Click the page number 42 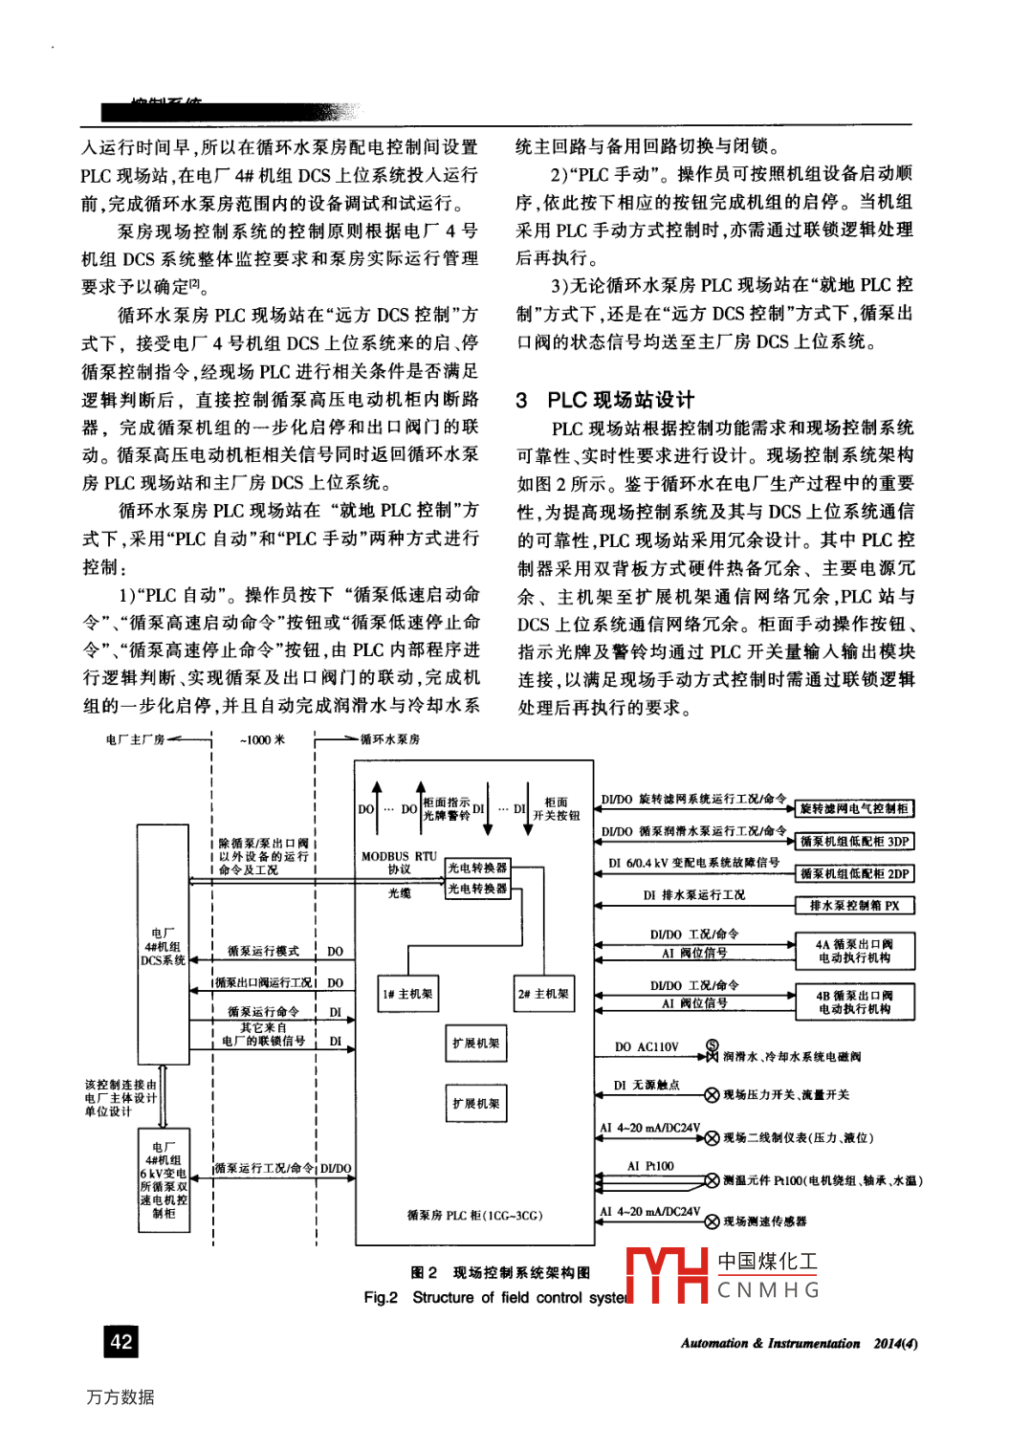point(121,1341)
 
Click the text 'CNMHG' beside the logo point(769,1290)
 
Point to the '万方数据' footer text point(121,1396)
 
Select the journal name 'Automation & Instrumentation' point(770,1343)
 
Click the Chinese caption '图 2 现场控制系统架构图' point(500,1272)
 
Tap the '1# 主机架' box point(408,995)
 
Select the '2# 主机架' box point(543,995)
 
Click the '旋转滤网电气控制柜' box point(854,809)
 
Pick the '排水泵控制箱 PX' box point(854,905)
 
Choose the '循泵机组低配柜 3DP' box point(854,842)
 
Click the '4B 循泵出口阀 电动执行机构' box point(854,1002)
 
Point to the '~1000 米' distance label point(262,739)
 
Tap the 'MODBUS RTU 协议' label point(399,863)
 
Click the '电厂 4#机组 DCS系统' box point(164,947)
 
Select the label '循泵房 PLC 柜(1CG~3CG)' point(474,1216)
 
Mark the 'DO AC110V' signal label point(646,1047)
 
